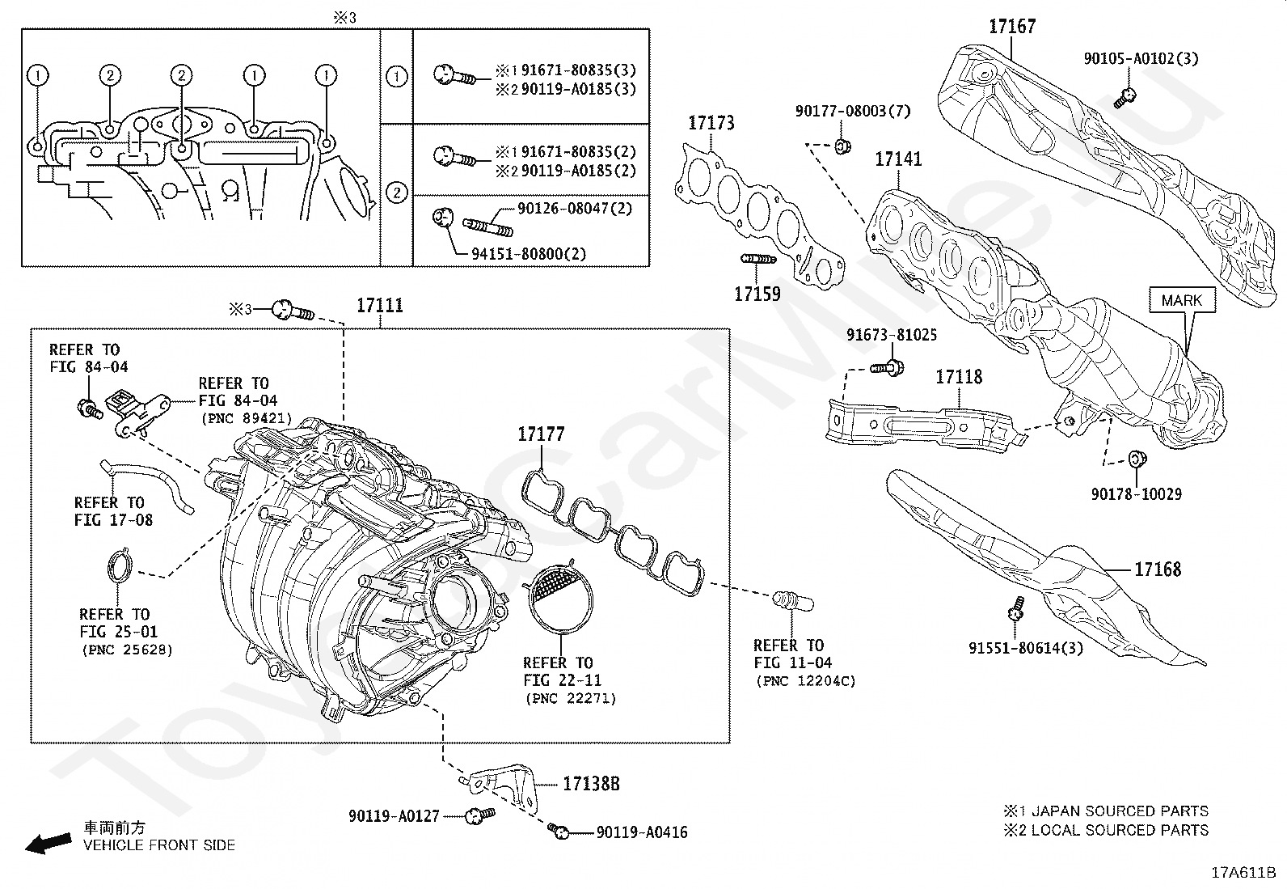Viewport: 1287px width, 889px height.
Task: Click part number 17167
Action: pos(1011,27)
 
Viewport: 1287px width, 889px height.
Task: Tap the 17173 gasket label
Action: pos(711,123)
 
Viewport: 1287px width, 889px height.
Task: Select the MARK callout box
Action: pos(1181,301)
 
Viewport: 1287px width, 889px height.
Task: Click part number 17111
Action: pos(379,306)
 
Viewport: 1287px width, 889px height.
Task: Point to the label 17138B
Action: pos(591,784)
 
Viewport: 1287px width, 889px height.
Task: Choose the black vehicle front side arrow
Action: pos(47,844)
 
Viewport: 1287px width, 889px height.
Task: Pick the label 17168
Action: pos(1157,569)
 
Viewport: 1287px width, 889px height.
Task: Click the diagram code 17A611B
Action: pos(1243,873)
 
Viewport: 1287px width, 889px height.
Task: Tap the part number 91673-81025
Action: pos(891,335)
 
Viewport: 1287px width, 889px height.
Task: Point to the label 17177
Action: pos(541,434)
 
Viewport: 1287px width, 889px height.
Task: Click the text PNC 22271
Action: pos(570,698)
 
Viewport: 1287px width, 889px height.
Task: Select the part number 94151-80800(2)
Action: pos(529,254)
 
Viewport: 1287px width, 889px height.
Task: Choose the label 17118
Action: pos(959,377)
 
